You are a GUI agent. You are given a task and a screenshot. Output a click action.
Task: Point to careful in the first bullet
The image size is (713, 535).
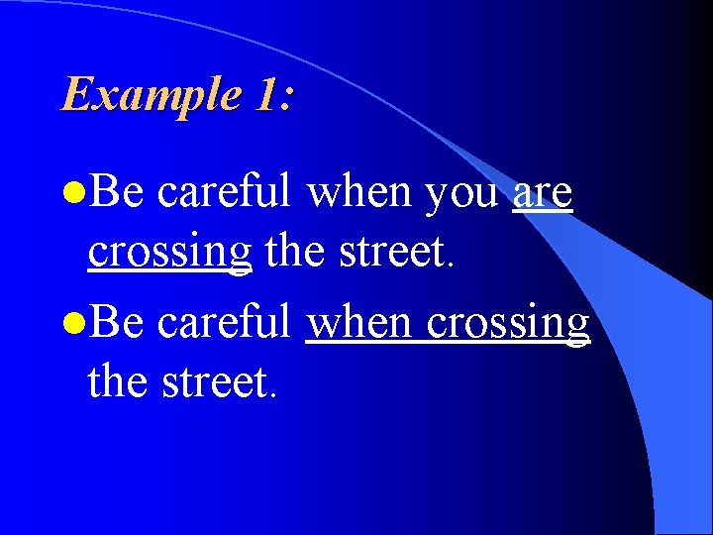click(x=225, y=191)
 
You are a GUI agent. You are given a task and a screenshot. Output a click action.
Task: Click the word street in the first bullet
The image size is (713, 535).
click(x=391, y=253)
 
